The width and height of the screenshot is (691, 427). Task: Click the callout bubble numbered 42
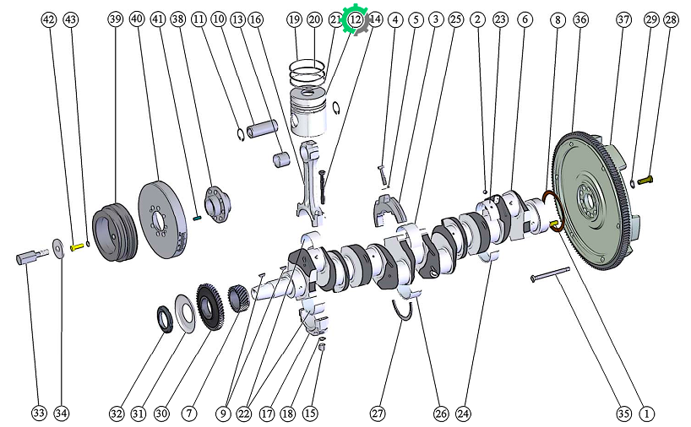click(x=49, y=19)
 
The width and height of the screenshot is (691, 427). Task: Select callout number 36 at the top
click(x=581, y=19)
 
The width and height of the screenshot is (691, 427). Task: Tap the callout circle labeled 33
click(x=39, y=413)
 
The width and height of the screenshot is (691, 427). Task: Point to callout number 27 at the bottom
click(x=378, y=413)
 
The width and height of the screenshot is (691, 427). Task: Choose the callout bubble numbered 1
click(x=646, y=413)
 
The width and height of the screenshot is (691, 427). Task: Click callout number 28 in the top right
click(x=672, y=19)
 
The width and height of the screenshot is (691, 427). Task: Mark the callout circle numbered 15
click(x=310, y=413)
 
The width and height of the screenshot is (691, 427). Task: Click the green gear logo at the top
click(x=355, y=19)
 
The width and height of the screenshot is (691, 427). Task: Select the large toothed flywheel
click(x=594, y=200)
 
